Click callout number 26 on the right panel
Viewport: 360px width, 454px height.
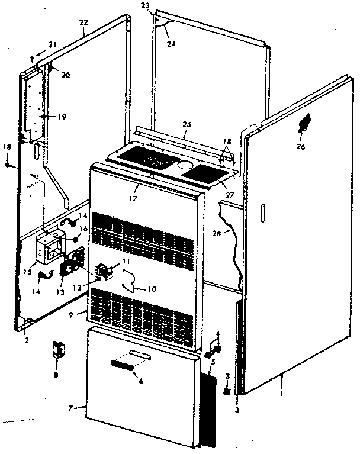tap(301, 146)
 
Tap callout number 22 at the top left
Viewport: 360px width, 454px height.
tap(83, 23)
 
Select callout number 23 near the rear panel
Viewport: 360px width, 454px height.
tap(145, 5)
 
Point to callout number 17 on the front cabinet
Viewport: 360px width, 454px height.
tap(134, 198)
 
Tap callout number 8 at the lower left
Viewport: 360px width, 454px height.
tap(56, 374)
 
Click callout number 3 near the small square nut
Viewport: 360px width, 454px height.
tap(227, 378)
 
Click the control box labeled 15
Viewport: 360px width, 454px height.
tap(49, 245)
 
